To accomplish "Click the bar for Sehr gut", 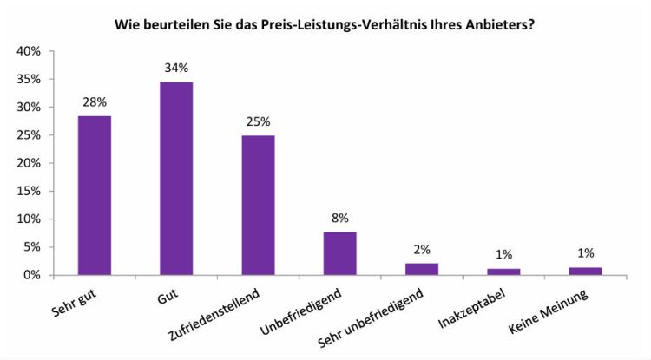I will click(x=94, y=195).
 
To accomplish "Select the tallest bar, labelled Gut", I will click(x=176, y=178).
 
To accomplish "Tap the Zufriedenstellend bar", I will click(x=258, y=205).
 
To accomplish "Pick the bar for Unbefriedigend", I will click(x=339, y=253).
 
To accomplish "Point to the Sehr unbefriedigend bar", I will click(x=422, y=269).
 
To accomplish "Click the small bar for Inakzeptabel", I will click(x=503, y=272).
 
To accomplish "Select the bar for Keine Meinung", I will click(x=585, y=271).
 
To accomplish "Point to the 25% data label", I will click(x=258, y=122).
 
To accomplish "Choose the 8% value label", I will click(x=339, y=219).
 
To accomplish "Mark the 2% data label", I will click(x=422, y=250).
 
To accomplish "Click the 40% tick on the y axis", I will click(x=29, y=51).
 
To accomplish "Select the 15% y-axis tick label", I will click(x=29, y=191).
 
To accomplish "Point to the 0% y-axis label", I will click(x=31, y=275).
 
